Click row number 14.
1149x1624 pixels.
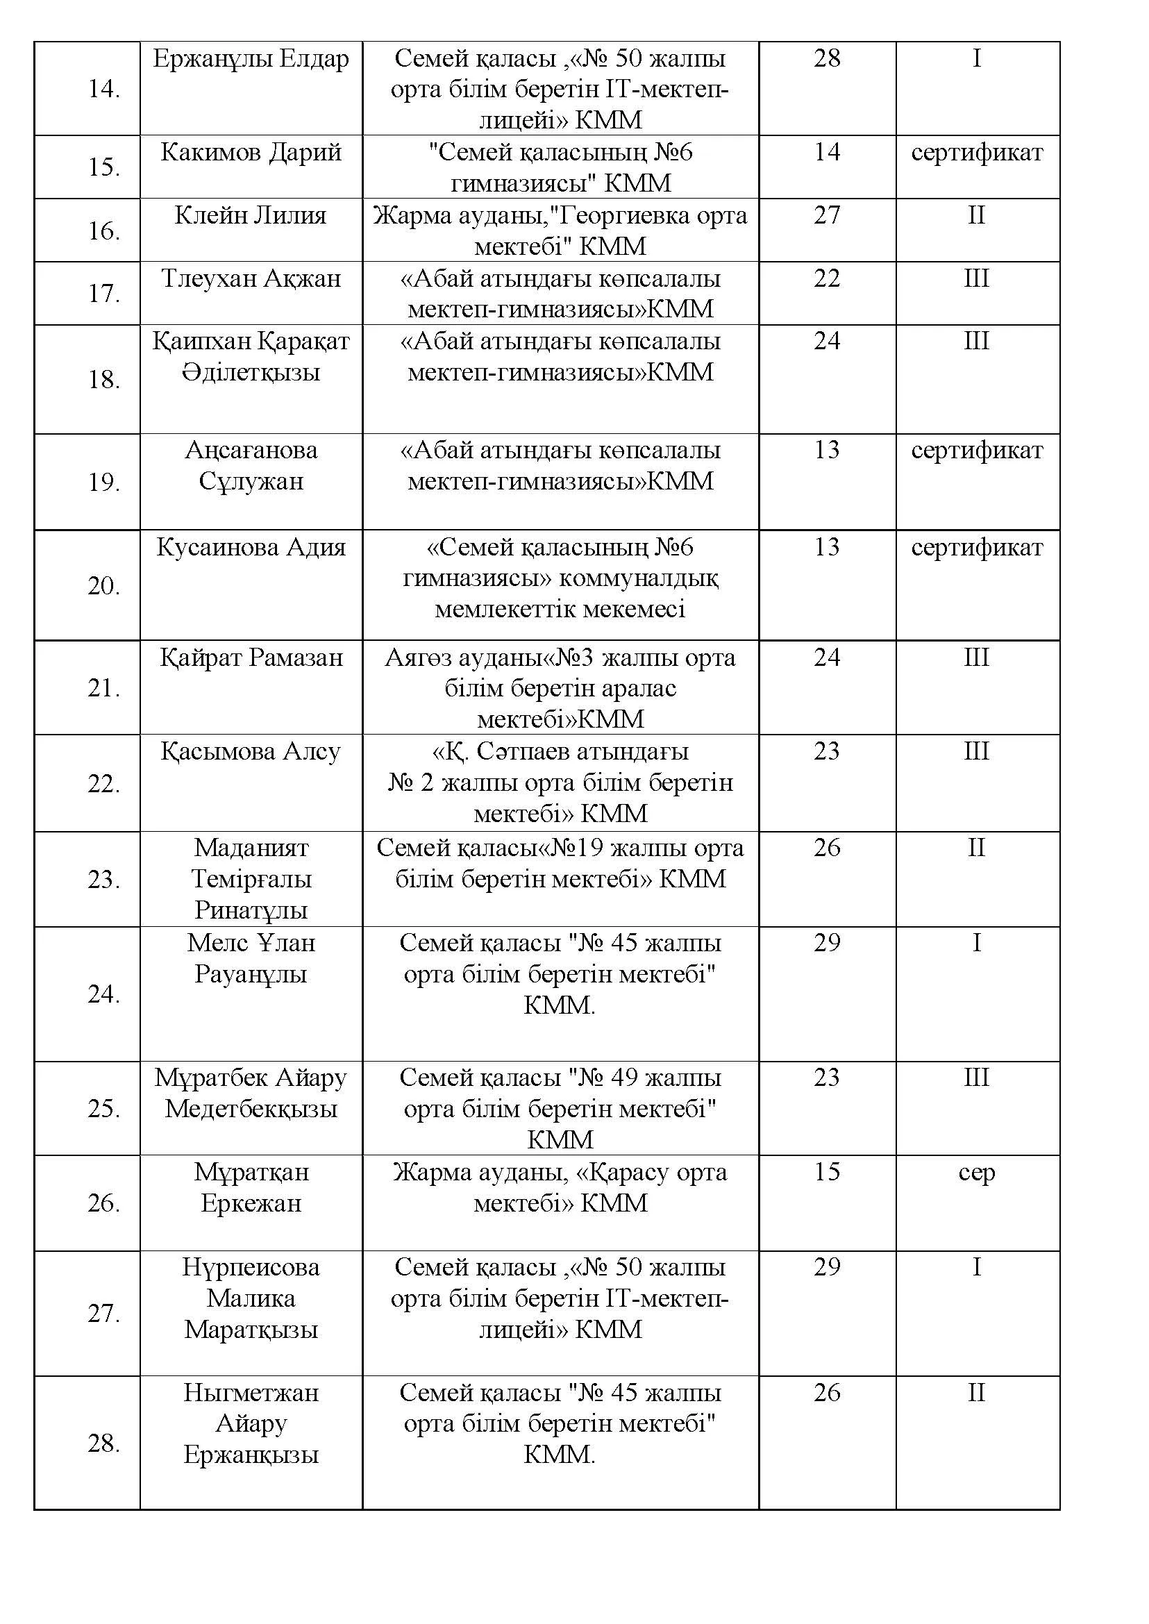coord(103,89)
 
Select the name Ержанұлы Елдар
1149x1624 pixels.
coord(251,59)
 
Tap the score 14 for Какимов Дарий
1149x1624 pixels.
coord(826,152)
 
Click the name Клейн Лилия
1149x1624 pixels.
coord(251,215)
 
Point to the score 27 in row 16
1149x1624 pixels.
coord(826,215)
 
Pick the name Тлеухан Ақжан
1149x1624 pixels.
coord(251,278)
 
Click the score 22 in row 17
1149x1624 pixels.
coord(826,278)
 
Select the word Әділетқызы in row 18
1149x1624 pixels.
coord(251,372)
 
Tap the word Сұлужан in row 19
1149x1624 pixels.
coord(251,481)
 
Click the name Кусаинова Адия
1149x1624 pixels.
coord(251,547)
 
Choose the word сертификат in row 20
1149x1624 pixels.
coord(977,547)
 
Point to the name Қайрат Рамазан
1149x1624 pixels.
coord(251,658)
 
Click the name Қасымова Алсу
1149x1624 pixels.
coord(251,751)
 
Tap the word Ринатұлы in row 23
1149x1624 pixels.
coord(251,910)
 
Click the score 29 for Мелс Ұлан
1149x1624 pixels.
coord(826,943)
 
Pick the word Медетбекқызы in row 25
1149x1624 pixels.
coord(251,1108)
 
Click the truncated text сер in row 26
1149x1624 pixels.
coord(977,1172)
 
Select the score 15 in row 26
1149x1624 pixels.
coord(826,1171)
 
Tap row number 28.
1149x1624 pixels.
coord(103,1443)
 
